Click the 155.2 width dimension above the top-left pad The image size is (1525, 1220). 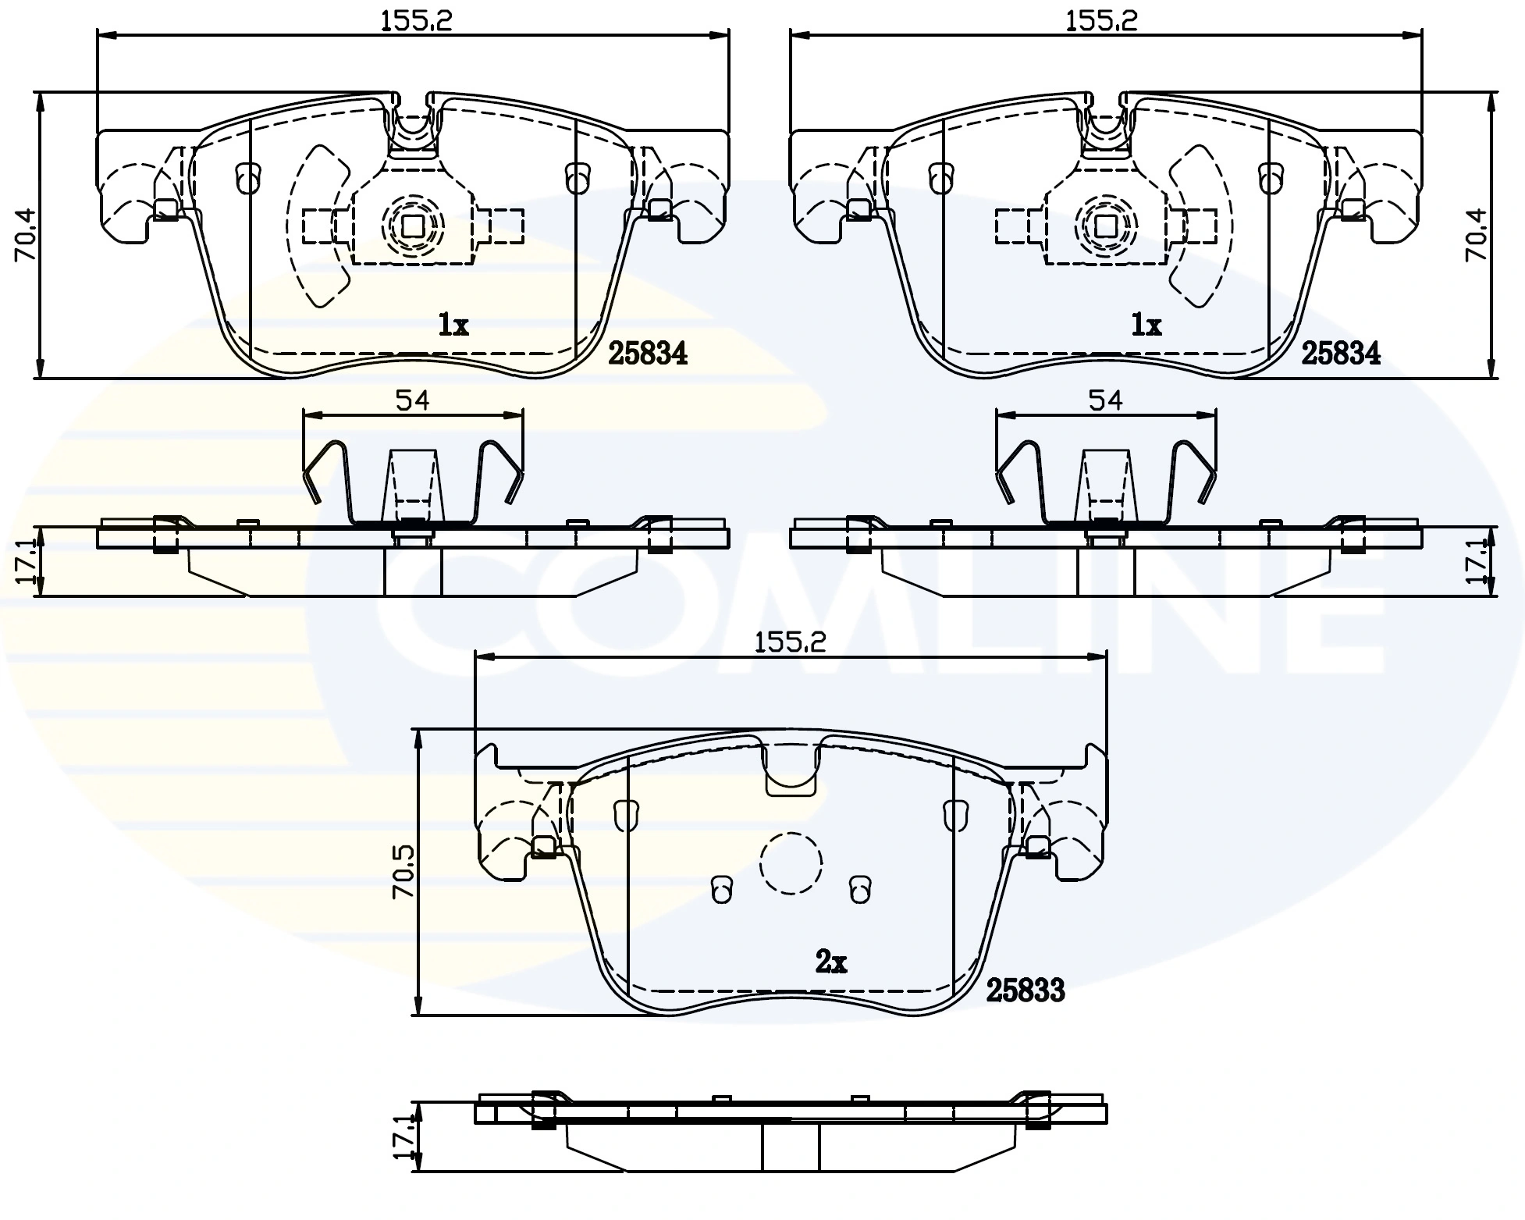pyautogui.click(x=416, y=21)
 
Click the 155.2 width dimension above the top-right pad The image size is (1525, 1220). pyautogui.click(x=1101, y=21)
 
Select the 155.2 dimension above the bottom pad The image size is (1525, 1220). pyautogui.click(x=790, y=642)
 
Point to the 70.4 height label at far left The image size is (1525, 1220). pyautogui.click(x=26, y=236)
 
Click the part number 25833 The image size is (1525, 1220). pyautogui.click(x=1025, y=991)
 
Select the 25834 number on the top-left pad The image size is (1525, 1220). pyautogui.click(x=647, y=354)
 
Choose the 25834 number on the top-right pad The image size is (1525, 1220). pyautogui.click(x=1340, y=354)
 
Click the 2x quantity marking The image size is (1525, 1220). pyautogui.click(x=830, y=962)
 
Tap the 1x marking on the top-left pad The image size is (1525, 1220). pyautogui.click(x=453, y=324)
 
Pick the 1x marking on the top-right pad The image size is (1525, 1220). pyautogui.click(x=1146, y=324)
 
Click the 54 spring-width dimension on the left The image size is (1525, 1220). pyautogui.click(x=412, y=400)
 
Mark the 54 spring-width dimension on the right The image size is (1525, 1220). pyautogui.click(x=1105, y=400)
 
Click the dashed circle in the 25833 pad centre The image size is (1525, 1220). pyautogui.click(x=791, y=863)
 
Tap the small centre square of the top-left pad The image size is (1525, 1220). pyautogui.click(x=411, y=226)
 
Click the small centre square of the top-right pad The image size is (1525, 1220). pyautogui.click(x=1105, y=226)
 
